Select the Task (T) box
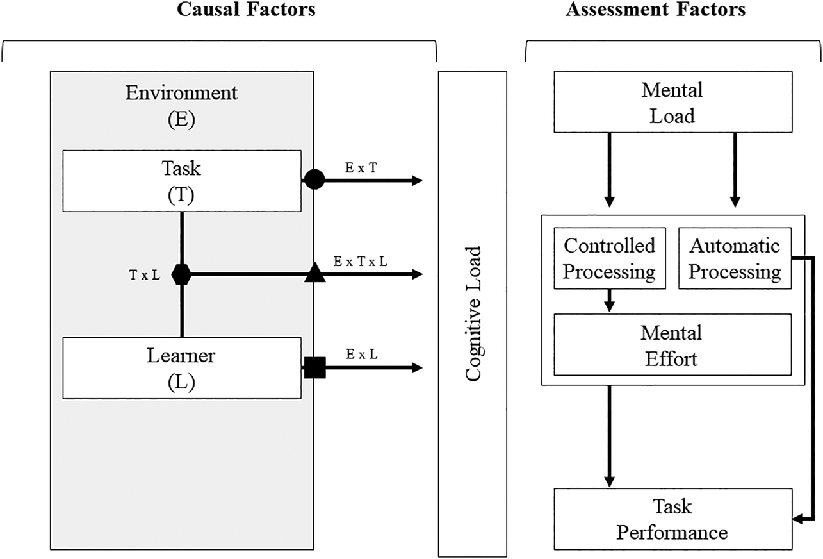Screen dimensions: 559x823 (x=181, y=180)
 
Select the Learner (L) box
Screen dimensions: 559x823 (x=181, y=368)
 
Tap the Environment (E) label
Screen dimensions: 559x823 (x=181, y=104)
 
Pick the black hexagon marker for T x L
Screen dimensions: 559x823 (x=182, y=274)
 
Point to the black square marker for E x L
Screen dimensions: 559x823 (x=314, y=368)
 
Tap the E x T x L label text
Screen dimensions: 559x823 (x=360, y=261)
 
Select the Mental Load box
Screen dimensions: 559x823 (x=672, y=103)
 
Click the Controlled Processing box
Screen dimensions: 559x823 (x=609, y=258)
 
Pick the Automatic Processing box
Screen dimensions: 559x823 (x=735, y=258)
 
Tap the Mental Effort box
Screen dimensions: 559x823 (x=672, y=345)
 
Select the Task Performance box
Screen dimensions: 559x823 (x=672, y=519)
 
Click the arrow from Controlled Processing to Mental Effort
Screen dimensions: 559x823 (x=609, y=301)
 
